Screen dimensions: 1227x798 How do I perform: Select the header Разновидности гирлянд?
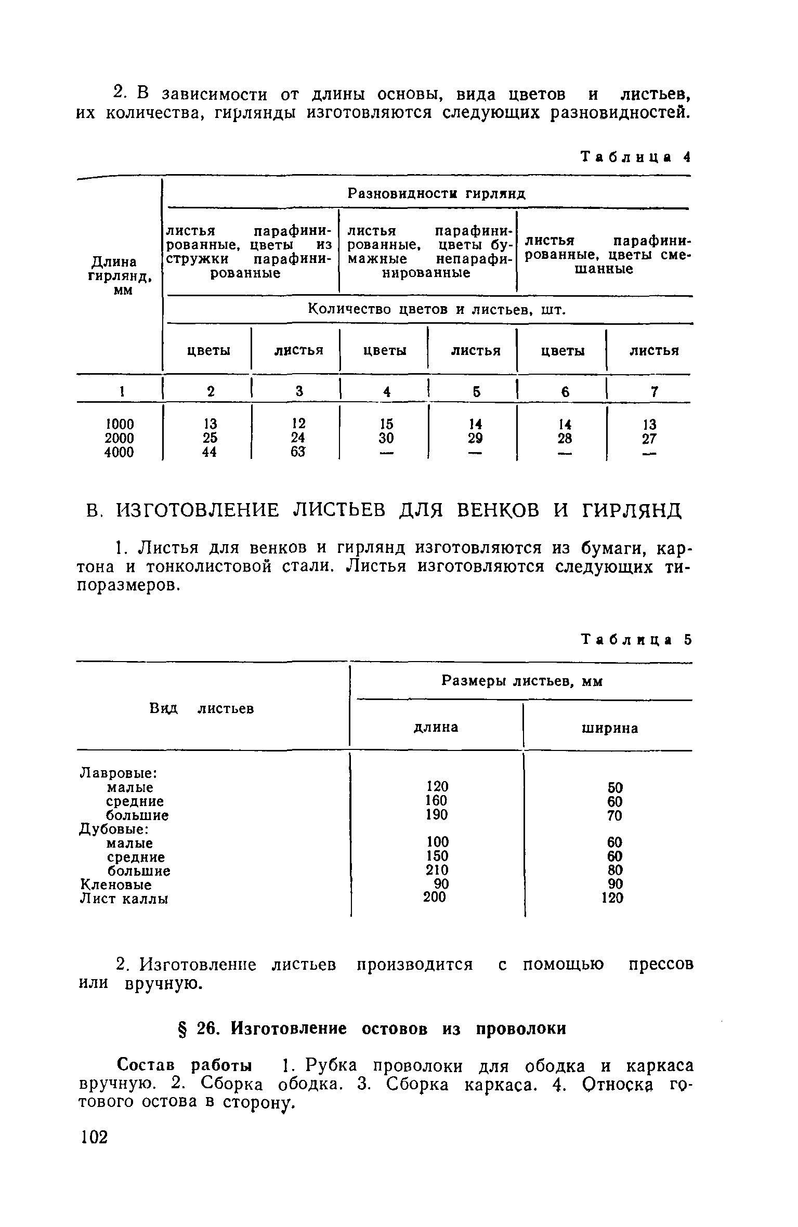[x=436, y=194]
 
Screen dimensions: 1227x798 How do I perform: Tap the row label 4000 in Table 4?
[x=119, y=453]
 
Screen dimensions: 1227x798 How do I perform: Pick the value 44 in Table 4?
[x=209, y=453]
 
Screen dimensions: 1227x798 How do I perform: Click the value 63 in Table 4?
[x=298, y=452]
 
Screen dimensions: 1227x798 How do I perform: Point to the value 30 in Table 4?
[x=386, y=438]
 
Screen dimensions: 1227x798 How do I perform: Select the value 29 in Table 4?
[x=475, y=438]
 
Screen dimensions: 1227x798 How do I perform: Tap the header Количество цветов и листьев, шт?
[x=436, y=310]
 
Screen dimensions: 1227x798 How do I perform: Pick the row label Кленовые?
[x=115, y=885]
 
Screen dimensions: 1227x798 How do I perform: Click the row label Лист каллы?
[x=124, y=899]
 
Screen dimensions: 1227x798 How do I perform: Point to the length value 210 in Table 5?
[x=437, y=870]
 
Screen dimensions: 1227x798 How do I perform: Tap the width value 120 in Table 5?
[x=612, y=898]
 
